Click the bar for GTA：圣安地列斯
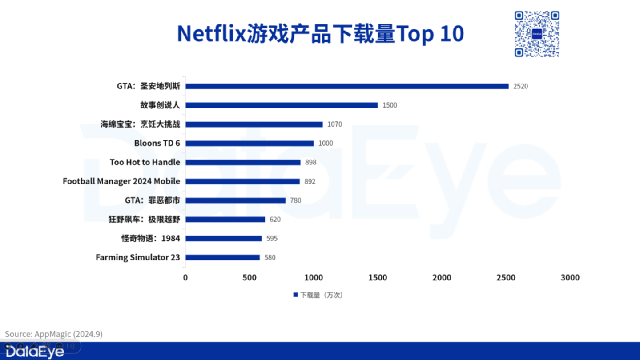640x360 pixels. (x=347, y=86)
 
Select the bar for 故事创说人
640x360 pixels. (x=282, y=105)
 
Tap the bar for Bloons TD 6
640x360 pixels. (x=250, y=143)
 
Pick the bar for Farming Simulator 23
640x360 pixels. (x=222, y=257)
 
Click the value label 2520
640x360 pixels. (x=520, y=86)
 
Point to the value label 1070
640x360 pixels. (x=334, y=124)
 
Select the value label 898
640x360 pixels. (x=310, y=162)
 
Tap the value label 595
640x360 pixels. (x=272, y=238)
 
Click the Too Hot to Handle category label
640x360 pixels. (x=145, y=162)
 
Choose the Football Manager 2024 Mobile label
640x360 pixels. (x=121, y=181)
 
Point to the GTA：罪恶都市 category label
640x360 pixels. (x=153, y=200)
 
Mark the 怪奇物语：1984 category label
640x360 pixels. (x=151, y=238)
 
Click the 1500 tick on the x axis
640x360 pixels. (x=378, y=278)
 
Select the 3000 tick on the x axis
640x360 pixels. (x=570, y=278)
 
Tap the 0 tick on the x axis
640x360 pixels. (x=185, y=278)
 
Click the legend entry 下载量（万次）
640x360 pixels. (x=318, y=295)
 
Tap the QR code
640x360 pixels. (x=537, y=34)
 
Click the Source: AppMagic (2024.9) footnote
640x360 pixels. (x=54, y=334)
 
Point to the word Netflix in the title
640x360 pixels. (x=211, y=34)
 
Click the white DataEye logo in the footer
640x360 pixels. (x=35, y=352)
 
